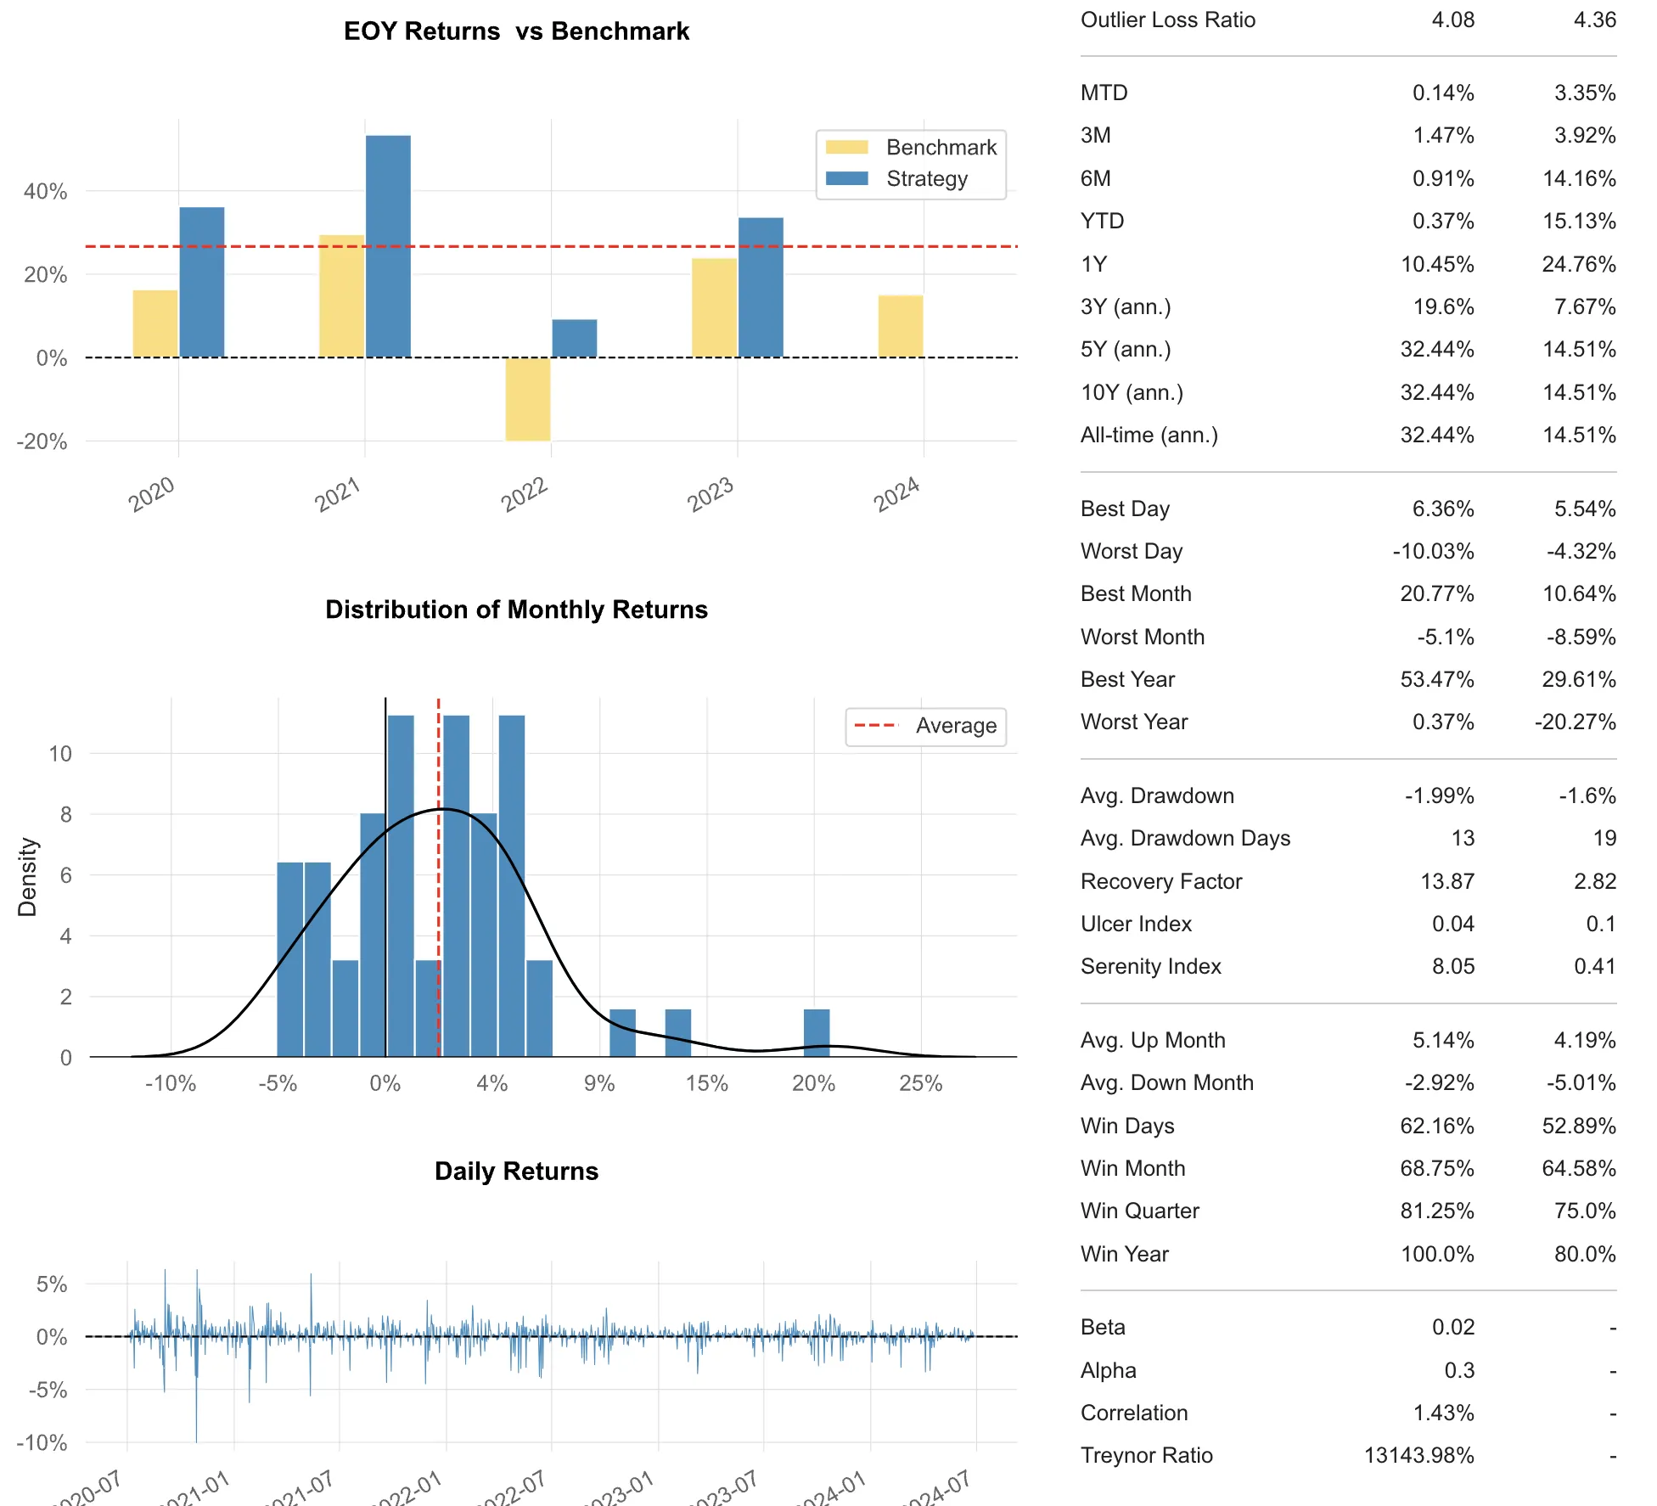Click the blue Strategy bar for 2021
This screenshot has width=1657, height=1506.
[388, 246]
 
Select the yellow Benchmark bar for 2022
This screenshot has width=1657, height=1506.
[527, 399]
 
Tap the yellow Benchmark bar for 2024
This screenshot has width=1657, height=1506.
[900, 327]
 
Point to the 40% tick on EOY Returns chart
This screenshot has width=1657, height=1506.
[45, 192]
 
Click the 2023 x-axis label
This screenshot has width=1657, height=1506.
[710, 494]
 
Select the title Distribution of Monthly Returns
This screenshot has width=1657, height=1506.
[516, 610]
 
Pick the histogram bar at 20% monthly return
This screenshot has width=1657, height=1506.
[817, 1033]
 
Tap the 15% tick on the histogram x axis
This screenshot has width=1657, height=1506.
[706, 1084]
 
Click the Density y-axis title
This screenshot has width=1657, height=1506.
[27, 877]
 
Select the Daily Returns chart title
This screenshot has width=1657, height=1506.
[516, 1172]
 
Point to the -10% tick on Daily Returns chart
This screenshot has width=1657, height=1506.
[42, 1442]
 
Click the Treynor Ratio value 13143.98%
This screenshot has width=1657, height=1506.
[1418, 1456]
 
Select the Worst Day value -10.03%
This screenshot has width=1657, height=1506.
[1433, 552]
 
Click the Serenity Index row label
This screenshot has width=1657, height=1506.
[1150, 967]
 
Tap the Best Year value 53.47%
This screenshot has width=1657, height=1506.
[1436, 680]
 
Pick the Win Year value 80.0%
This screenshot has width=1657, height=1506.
[1584, 1254]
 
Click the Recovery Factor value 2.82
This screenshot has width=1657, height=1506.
[1594, 881]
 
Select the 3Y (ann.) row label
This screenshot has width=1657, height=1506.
[1126, 306]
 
